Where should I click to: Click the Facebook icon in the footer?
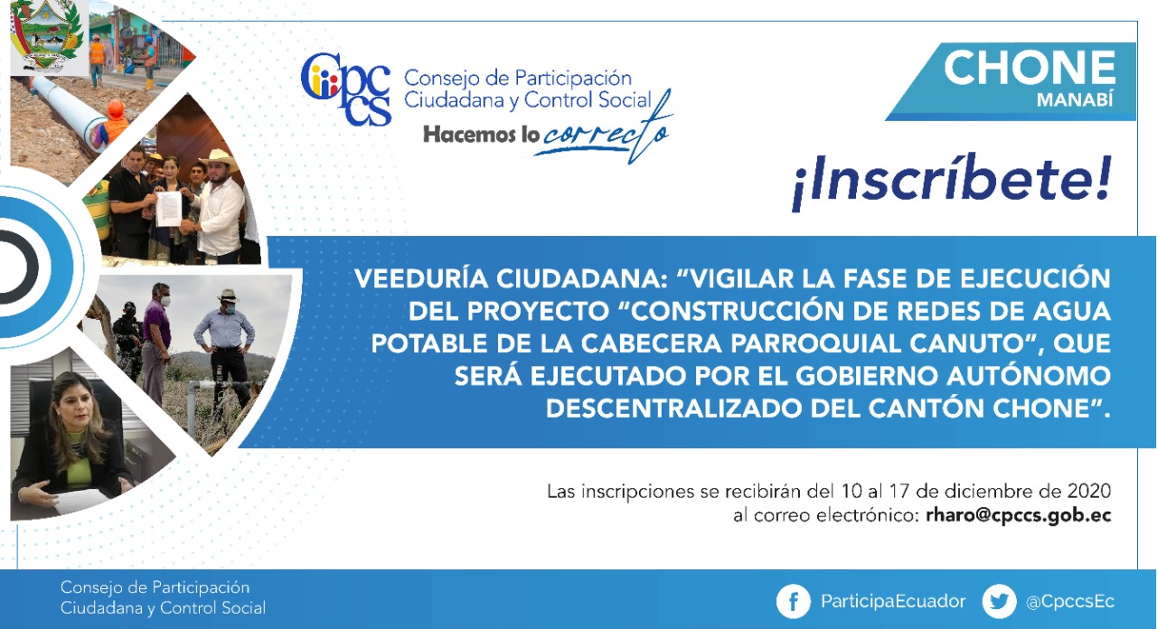click(x=794, y=601)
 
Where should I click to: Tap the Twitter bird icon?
click(x=999, y=601)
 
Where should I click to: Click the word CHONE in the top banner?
click(x=1030, y=68)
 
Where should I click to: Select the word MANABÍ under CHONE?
click(x=1075, y=99)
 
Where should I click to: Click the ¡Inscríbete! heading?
click(x=952, y=181)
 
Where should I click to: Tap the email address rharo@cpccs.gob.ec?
click(x=1018, y=515)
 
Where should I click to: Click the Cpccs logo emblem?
click(x=346, y=89)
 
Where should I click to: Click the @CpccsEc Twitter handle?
click(x=1070, y=602)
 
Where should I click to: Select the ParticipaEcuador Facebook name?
click(x=893, y=602)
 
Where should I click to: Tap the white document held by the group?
click(x=169, y=208)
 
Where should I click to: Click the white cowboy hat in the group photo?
click(x=219, y=159)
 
